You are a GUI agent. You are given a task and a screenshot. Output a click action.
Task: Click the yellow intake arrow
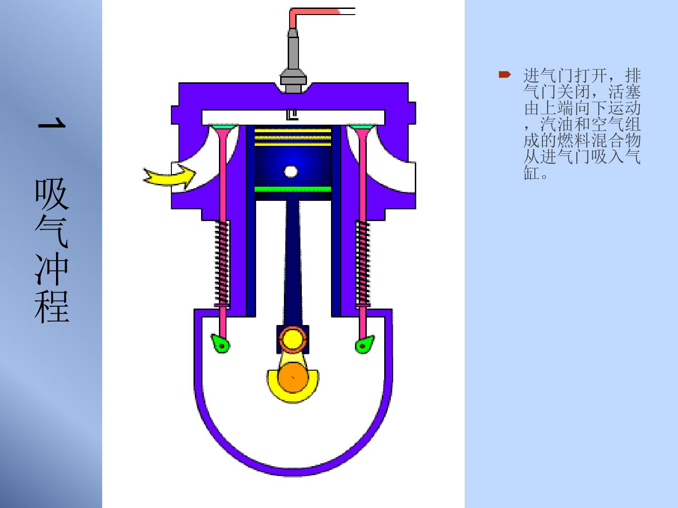point(170,177)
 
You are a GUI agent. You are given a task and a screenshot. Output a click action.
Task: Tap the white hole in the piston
point(291,172)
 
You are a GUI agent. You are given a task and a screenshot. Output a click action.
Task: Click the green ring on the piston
point(293,189)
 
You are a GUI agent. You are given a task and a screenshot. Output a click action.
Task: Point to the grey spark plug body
point(293,62)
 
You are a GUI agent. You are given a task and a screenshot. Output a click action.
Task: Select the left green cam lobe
point(220,343)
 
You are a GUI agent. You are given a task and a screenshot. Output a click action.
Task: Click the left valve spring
point(222,262)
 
